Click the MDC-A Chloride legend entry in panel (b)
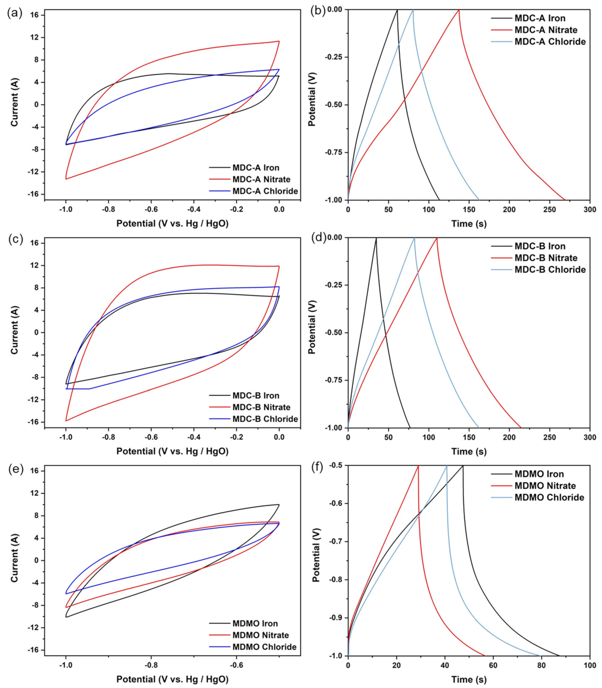coord(550,42)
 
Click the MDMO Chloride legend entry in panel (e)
coord(264,647)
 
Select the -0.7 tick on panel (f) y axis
coord(337,542)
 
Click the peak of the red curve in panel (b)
coord(459,10)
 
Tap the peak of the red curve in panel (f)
coord(418,466)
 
